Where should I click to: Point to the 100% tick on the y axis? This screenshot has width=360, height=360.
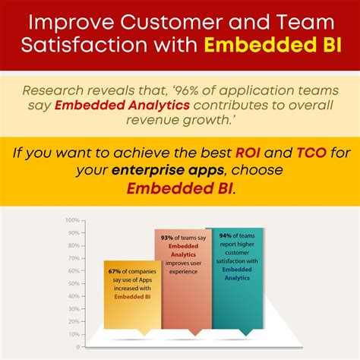(74, 219)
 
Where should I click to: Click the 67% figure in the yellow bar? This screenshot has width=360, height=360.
(114, 271)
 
